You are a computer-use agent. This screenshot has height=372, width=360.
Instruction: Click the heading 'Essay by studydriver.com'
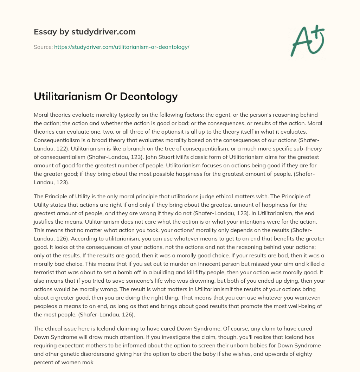84,32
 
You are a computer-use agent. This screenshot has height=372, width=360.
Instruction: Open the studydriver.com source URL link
122,47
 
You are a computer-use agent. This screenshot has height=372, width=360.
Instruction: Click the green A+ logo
307,40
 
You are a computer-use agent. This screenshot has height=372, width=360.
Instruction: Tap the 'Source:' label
43,47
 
